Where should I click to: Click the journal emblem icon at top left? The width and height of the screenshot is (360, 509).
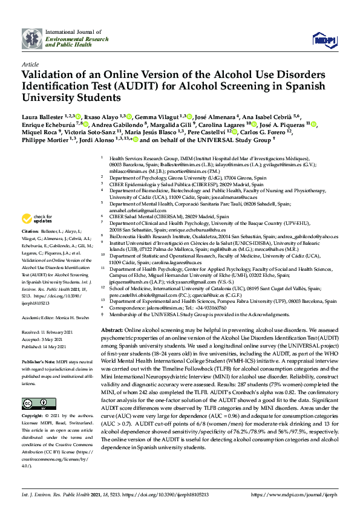32,38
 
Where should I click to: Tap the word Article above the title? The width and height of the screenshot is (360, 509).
30,63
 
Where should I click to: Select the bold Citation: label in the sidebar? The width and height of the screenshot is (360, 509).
30,231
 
